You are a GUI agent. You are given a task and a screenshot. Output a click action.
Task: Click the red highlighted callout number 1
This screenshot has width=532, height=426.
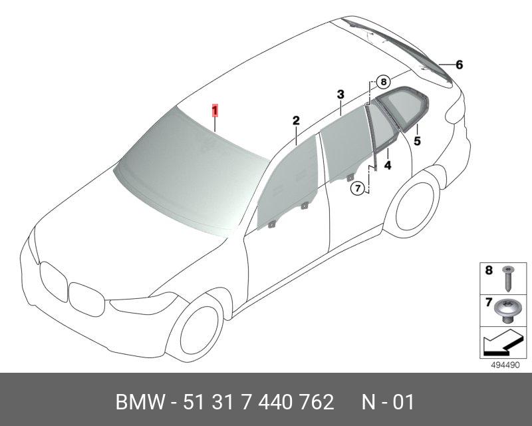click(215, 110)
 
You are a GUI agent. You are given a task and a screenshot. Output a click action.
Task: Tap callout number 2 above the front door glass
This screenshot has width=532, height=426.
click(296, 120)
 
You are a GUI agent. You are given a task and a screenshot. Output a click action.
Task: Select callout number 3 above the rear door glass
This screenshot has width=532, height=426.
click(340, 95)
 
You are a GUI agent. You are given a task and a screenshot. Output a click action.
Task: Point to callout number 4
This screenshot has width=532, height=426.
click(388, 166)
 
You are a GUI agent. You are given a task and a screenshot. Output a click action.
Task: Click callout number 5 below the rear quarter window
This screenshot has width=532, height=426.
click(417, 141)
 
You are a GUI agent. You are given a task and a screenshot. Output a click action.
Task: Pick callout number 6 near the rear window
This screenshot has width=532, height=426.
click(459, 65)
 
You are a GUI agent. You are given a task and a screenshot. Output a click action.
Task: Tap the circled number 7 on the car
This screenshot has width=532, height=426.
click(358, 188)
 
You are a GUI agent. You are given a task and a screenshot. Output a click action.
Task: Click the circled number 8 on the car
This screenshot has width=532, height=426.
click(384, 82)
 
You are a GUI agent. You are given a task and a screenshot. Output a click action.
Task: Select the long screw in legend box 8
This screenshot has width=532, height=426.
click(507, 279)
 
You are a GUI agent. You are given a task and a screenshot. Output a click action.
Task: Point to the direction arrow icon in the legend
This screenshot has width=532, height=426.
click(502, 342)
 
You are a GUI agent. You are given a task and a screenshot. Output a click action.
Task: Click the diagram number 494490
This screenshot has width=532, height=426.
click(505, 365)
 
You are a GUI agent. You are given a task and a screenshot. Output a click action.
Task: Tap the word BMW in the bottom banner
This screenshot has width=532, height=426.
click(140, 402)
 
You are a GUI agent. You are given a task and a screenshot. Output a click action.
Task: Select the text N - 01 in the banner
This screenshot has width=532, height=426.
click(388, 402)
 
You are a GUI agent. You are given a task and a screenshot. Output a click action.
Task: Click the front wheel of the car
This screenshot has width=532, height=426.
click(199, 329)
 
